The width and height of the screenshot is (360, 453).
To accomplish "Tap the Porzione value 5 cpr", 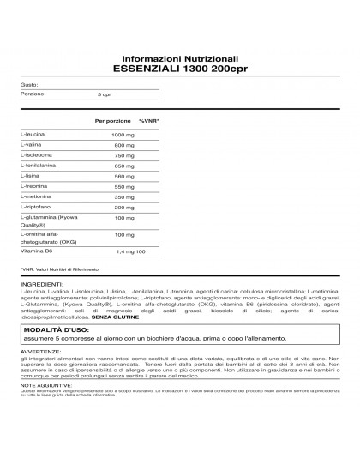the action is click(x=105, y=94).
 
